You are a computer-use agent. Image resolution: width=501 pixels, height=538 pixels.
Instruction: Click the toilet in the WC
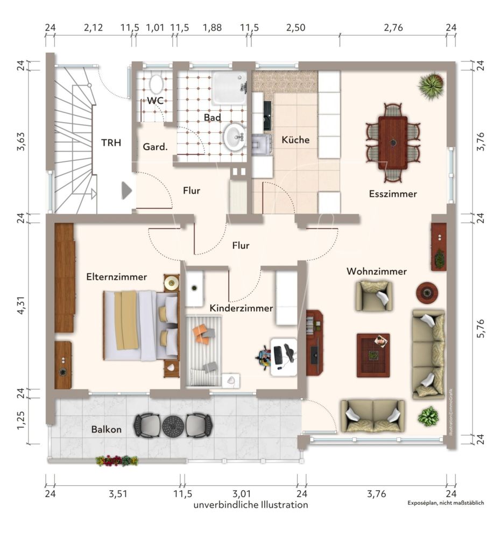(x=157, y=84)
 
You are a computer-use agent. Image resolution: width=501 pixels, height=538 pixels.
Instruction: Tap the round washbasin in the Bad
(x=234, y=137)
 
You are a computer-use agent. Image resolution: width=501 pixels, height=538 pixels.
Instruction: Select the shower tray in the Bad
(x=229, y=88)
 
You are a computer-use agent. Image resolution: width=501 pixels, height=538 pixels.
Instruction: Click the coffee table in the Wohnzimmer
(x=373, y=355)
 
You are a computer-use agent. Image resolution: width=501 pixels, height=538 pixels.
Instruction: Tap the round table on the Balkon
(x=173, y=426)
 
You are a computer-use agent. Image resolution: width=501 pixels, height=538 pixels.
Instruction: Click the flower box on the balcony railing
(x=117, y=461)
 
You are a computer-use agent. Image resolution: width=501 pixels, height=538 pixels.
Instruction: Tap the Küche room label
(x=295, y=140)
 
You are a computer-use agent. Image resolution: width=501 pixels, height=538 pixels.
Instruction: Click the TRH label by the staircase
(x=111, y=143)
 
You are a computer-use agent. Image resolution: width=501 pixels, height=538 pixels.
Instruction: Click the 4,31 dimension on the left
(x=22, y=304)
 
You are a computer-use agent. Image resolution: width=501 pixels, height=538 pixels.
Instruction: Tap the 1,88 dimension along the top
(x=212, y=28)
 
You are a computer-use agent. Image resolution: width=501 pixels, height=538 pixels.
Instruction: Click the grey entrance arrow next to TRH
(x=126, y=191)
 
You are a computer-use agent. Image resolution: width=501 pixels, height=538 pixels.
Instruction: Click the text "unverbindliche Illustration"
(x=251, y=505)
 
